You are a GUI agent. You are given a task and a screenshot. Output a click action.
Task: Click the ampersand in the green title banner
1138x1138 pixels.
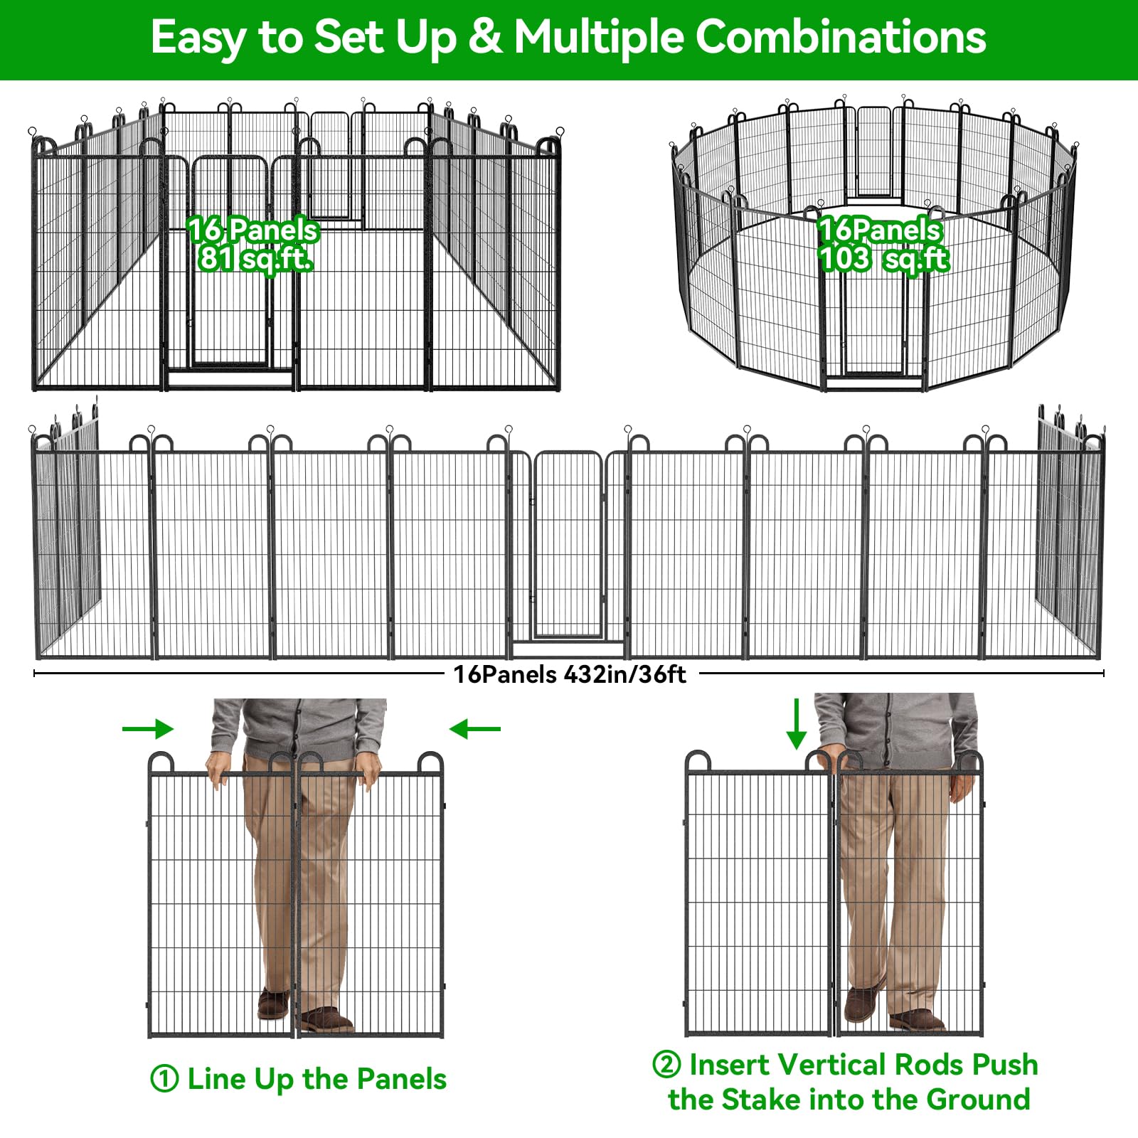(x=485, y=37)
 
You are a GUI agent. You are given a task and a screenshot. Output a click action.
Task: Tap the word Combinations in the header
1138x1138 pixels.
(x=841, y=37)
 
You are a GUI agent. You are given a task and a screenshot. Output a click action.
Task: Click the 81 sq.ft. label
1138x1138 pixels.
(x=255, y=259)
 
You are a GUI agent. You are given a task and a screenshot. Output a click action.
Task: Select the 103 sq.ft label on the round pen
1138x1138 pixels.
(x=884, y=259)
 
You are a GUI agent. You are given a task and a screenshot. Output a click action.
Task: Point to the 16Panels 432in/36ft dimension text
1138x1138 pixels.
(x=570, y=674)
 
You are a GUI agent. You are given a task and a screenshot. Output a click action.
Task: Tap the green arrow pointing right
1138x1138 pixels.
(x=148, y=728)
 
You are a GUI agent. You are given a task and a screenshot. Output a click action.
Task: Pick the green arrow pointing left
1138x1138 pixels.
(x=475, y=728)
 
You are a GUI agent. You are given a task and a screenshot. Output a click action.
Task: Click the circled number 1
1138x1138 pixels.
(x=164, y=1079)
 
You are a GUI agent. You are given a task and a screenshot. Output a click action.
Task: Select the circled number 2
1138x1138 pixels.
(x=666, y=1065)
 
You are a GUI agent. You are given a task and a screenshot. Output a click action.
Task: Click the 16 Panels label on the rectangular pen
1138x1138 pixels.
(x=253, y=230)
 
